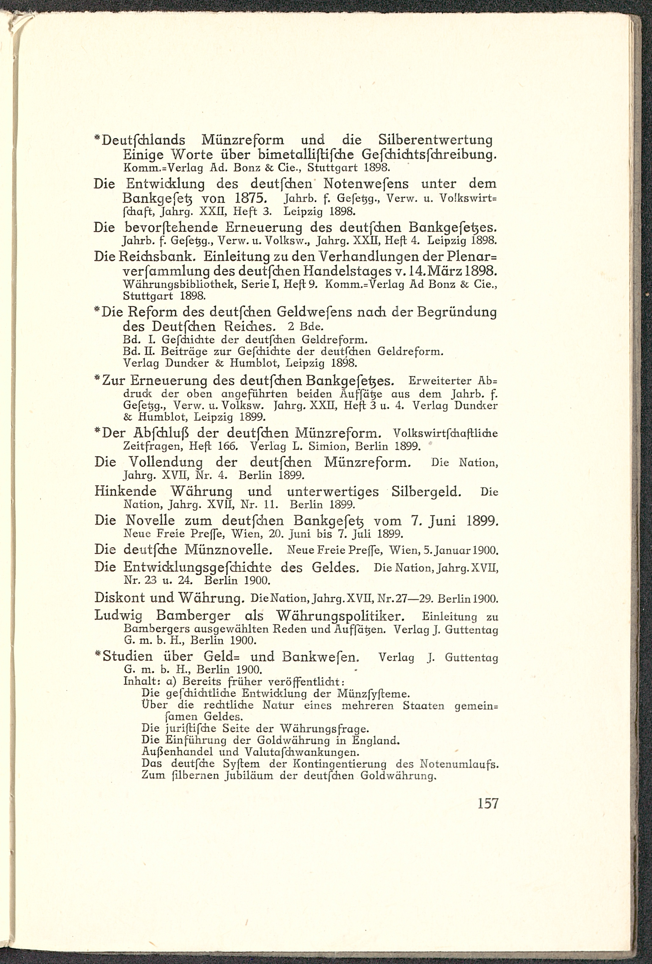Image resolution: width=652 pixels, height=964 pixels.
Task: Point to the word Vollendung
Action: [x=166, y=462]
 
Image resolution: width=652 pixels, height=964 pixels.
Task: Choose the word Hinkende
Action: [x=125, y=492]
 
